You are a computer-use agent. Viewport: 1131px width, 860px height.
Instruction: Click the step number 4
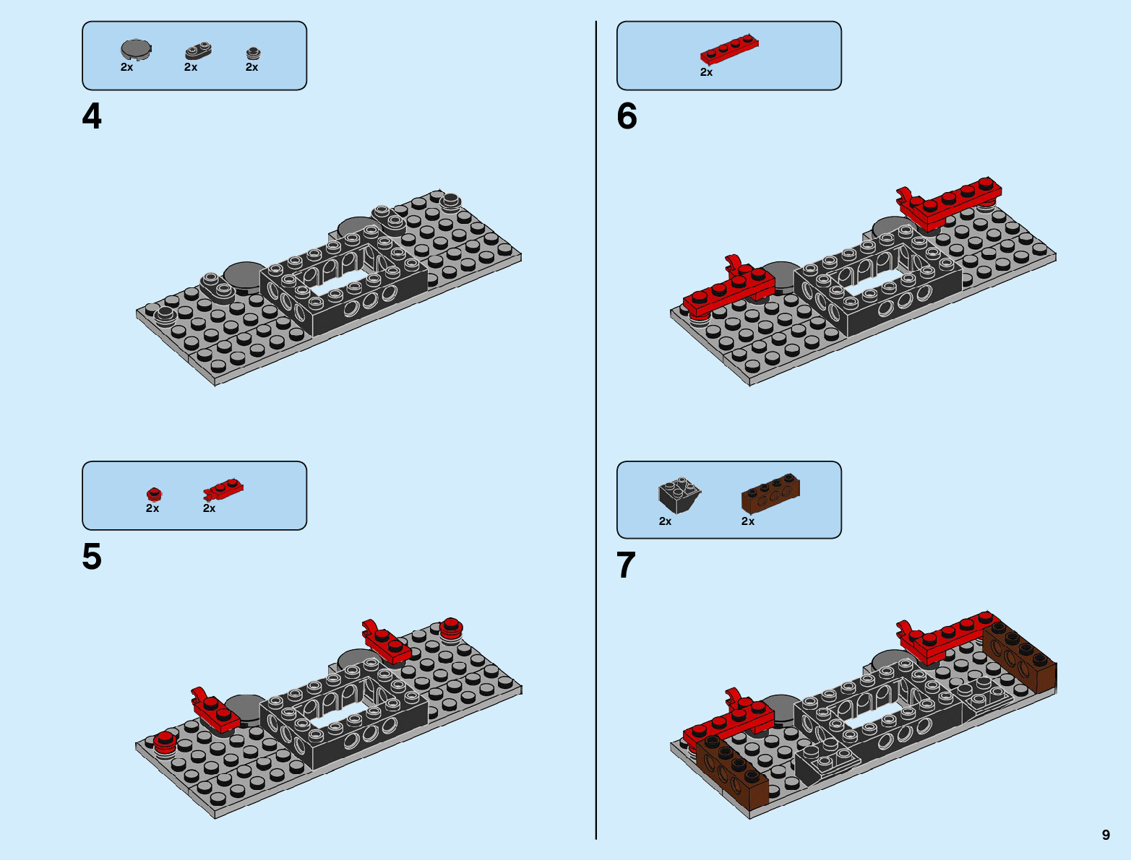click(x=92, y=116)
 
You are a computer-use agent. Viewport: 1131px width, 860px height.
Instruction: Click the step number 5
click(x=92, y=557)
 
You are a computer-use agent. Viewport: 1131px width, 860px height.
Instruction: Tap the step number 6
click(x=627, y=116)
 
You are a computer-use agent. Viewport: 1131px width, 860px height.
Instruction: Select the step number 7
click(x=626, y=565)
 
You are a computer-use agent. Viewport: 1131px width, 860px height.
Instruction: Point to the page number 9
click(x=1106, y=835)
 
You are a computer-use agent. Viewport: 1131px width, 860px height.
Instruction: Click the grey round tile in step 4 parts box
click(x=136, y=49)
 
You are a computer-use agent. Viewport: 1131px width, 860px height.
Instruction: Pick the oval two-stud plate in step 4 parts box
click(x=197, y=51)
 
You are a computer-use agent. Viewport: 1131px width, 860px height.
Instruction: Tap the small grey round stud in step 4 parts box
click(x=253, y=53)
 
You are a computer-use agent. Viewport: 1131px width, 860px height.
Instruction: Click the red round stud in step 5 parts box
click(x=154, y=494)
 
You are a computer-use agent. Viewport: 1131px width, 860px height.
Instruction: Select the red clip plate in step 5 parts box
click(x=223, y=490)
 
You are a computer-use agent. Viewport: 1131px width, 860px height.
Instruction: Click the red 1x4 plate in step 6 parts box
click(x=729, y=50)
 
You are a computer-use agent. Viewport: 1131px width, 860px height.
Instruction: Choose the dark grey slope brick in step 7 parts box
click(x=679, y=494)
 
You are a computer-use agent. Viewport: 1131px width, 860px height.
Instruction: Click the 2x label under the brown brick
click(x=748, y=521)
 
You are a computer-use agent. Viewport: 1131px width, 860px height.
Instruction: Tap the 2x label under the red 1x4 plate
click(x=706, y=72)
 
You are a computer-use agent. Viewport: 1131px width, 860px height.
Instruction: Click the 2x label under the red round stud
click(x=152, y=508)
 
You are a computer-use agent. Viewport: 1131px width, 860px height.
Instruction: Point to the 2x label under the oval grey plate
click(x=191, y=67)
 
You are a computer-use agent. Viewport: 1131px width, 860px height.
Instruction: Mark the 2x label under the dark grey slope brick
click(x=665, y=521)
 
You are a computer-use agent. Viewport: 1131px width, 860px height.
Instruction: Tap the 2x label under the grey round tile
click(x=126, y=67)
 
